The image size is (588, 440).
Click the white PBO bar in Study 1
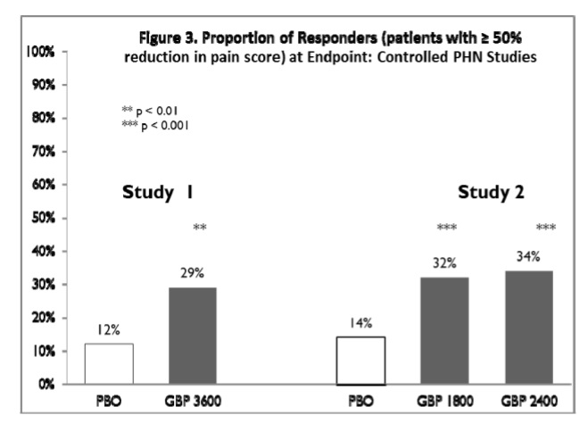(109, 364)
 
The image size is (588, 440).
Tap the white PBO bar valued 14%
(361, 361)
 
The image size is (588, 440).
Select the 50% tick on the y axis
(45, 218)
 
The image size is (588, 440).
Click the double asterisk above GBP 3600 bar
(200, 228)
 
